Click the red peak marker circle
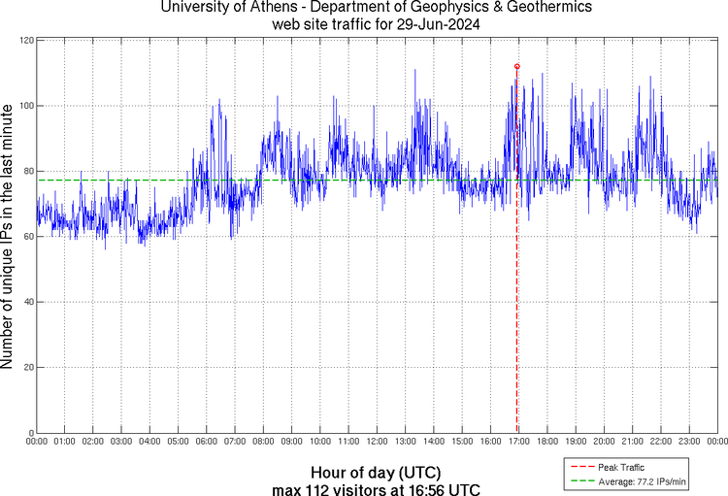[x=516, y=66]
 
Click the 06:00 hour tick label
[x=207, y=442]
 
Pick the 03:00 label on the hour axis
[x=121, y=442]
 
